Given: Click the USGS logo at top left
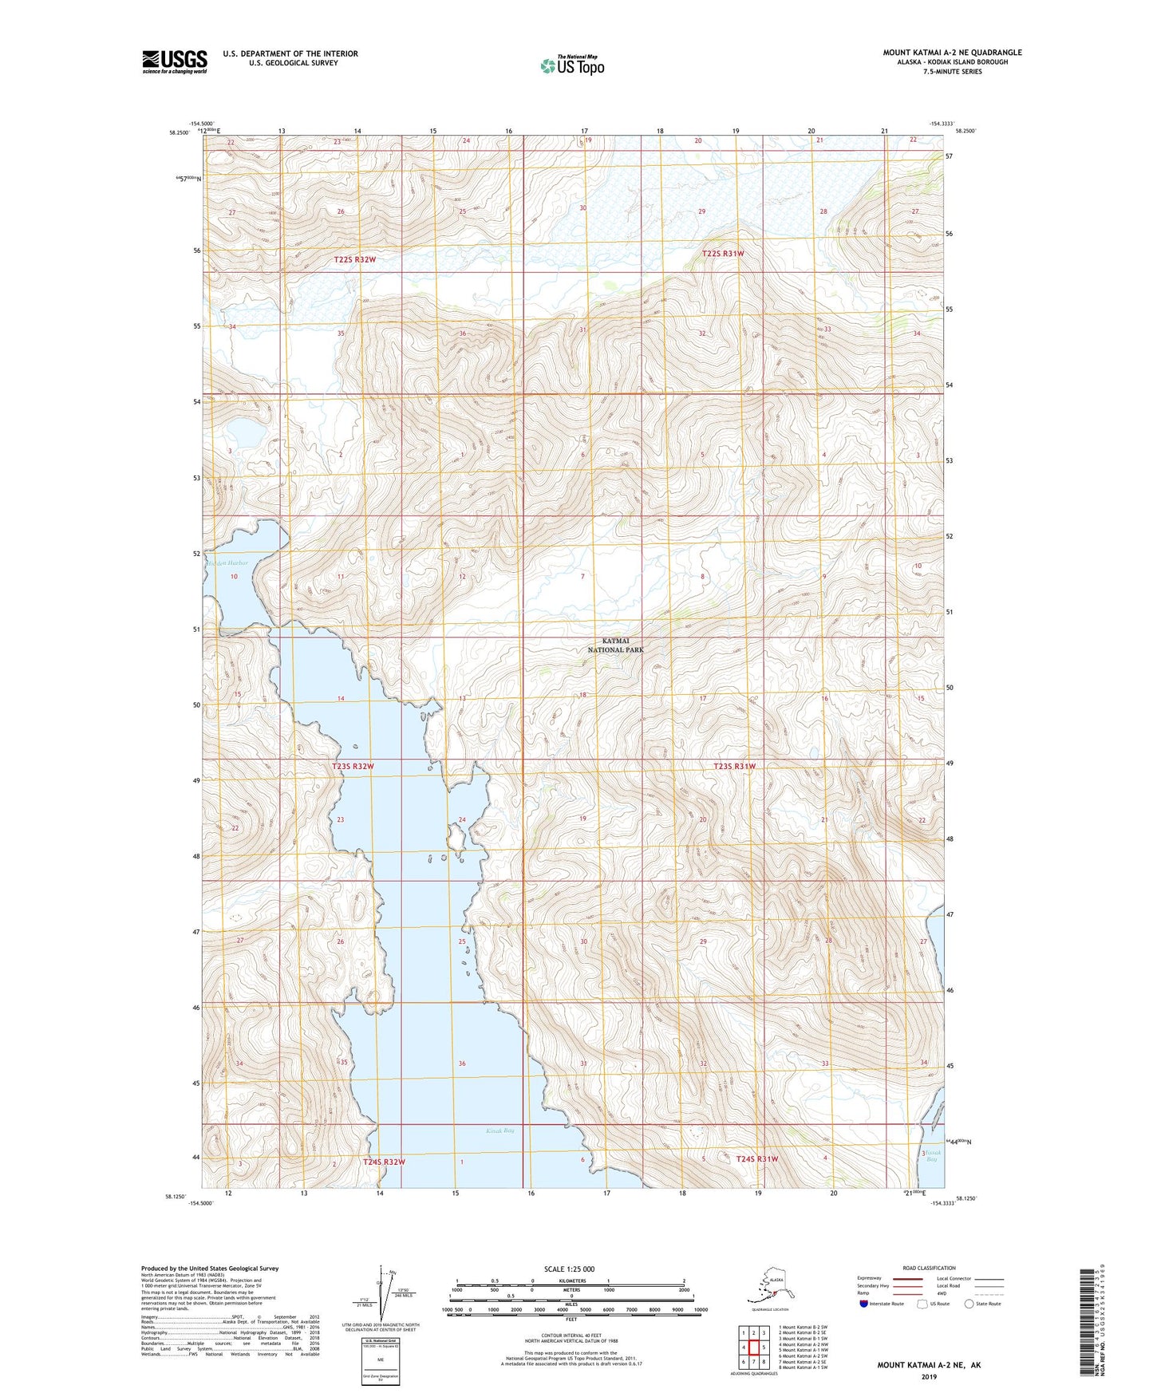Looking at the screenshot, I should click(174, 61).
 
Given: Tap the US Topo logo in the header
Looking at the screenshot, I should click(571, 65).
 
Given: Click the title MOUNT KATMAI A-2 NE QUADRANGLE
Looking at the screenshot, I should click(951, 53).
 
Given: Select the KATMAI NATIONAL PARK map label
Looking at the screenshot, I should click(615, 645).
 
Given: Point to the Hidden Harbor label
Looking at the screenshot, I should click(229, 563).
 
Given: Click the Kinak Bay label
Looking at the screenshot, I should click(500, 1131).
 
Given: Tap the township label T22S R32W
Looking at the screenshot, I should click(354, 260).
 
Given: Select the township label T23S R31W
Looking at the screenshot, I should click(733, 766).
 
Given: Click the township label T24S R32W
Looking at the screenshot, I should click(384, 1162).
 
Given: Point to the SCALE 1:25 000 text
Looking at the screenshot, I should click(570, 1269).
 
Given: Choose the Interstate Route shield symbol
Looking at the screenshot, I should click(864, 1304).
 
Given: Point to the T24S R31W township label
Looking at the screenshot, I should click(756, 1158).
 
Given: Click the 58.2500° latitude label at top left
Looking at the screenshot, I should click(180, 133).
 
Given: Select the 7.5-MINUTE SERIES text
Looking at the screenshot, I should click(951, 72).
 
